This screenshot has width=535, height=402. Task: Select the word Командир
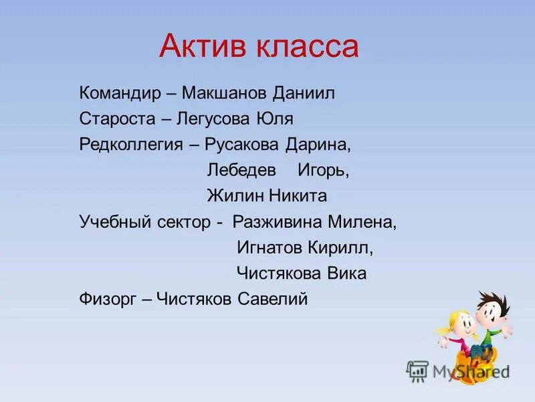(x=120, y=93)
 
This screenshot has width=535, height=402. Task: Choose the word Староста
(x=116, y=119)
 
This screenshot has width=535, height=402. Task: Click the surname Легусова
(x=215, y=119)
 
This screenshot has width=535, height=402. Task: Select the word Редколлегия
(x=132, y=145)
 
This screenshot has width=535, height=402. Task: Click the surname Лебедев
(x=241, y=170)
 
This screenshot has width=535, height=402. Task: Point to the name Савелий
(x=273, y=299)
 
